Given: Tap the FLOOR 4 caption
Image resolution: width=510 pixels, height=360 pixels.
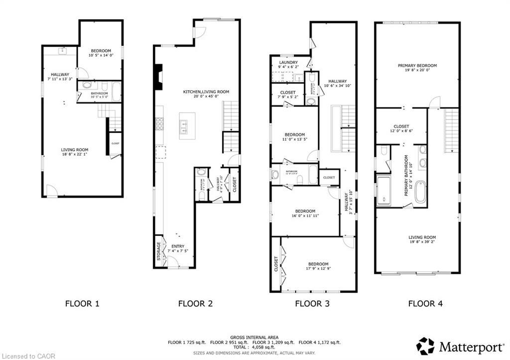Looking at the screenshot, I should point(425,303).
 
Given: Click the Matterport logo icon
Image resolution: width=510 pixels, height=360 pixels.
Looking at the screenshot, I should point(425,346).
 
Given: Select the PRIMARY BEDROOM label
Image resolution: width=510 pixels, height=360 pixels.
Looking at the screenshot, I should point(417,66).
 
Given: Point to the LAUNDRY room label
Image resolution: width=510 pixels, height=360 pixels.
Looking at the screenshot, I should point(288,63).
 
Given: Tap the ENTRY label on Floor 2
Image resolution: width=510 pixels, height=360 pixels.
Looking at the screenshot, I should point(178,246).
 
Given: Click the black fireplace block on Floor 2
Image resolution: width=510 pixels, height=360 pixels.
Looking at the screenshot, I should point(158,77).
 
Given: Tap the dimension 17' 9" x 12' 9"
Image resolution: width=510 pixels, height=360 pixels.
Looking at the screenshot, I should point(318,269).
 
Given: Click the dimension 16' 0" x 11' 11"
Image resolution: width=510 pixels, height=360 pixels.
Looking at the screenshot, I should point(305,216).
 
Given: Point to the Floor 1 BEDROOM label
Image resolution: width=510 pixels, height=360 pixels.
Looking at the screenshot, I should point(101,51).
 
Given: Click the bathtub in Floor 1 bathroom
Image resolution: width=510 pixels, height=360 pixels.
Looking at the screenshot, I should point(116,92).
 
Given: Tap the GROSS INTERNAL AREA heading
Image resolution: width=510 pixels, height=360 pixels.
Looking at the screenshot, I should point(255,337).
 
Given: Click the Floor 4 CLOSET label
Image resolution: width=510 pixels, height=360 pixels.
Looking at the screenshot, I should point(401,126).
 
